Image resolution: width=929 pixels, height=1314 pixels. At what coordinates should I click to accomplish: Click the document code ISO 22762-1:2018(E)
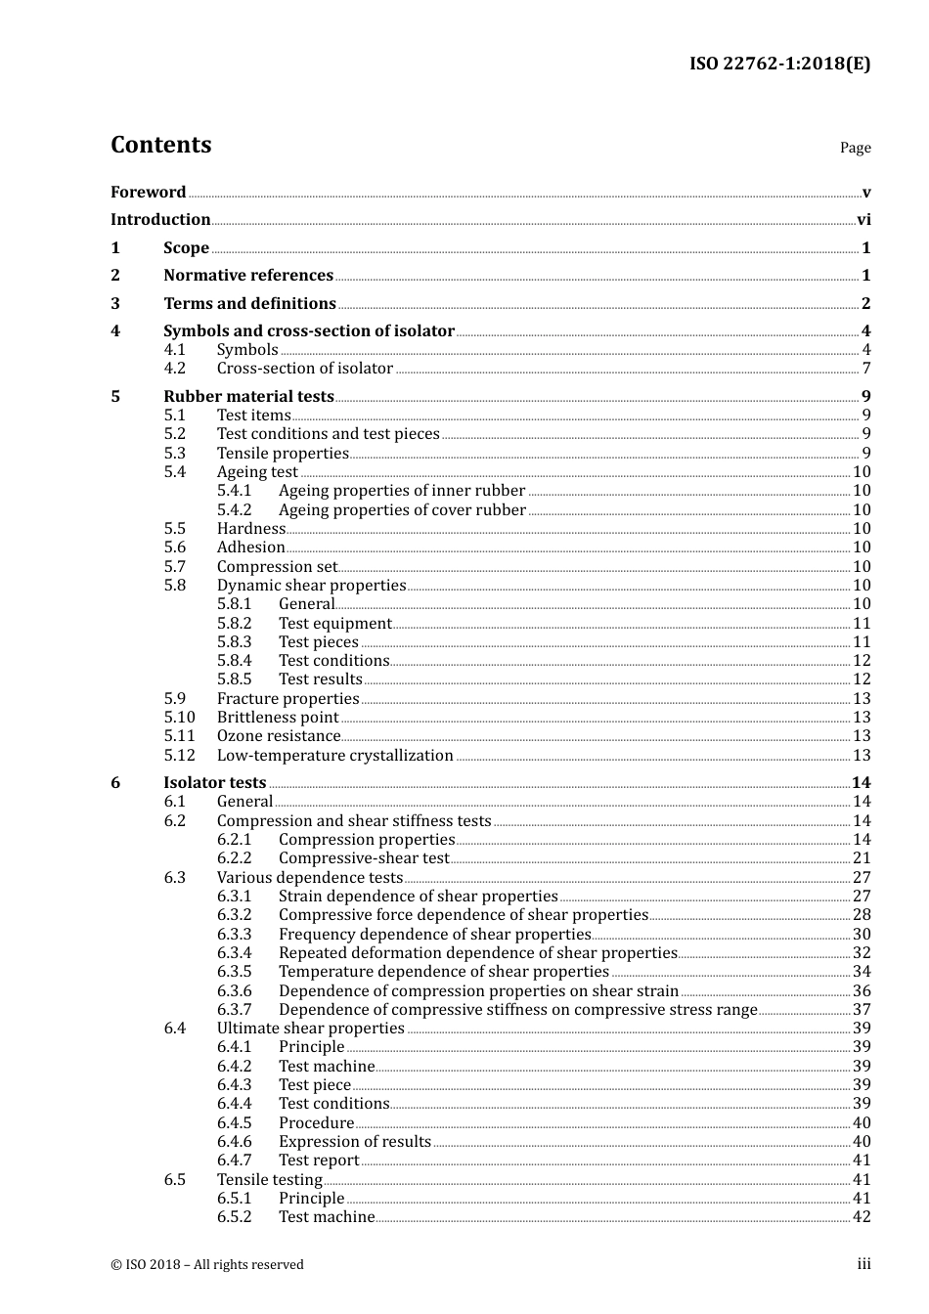[779, 64]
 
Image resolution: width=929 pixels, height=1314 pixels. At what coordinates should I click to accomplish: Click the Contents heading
[160, 145]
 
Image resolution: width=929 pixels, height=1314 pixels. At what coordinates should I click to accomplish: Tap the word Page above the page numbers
[855, 148]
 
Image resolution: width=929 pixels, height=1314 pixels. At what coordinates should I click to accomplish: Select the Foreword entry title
[148, 193]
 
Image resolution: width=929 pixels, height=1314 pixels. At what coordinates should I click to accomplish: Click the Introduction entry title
[160, 220]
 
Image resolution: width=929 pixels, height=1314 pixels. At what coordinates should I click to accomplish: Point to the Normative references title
[248, 276]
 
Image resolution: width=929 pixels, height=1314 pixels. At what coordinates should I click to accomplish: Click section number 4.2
[175, 369]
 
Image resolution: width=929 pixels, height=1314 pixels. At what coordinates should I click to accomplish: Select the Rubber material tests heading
[248, 397]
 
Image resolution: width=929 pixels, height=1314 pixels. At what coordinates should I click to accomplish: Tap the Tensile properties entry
[283, 454]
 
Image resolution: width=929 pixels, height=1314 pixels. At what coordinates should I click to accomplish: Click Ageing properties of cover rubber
[402, 510]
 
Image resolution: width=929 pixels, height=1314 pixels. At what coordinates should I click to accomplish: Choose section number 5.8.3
[235, 642]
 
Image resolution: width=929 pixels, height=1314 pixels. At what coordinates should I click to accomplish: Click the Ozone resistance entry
[279, 736]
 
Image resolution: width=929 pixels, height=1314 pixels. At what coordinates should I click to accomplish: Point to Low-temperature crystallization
[334, 756]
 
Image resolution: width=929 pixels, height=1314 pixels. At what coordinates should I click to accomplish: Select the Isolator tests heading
[214, 783]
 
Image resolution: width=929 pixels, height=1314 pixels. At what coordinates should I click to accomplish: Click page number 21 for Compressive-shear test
[862, 858]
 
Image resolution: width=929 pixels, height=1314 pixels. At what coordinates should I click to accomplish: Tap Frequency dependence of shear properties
[434, 935]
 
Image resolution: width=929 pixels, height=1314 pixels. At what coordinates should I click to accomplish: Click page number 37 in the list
[862, 1010]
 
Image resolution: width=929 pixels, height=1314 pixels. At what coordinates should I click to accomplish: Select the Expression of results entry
[354, 1142]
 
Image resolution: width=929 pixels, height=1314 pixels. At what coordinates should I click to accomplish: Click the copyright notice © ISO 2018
[207, 1265]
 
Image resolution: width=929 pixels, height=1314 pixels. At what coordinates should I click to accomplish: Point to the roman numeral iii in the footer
[863, 1264]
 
